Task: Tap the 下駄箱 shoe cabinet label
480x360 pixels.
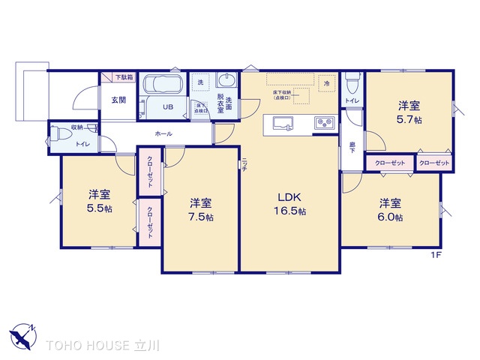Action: [124, 77]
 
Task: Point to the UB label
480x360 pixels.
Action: [169, 106]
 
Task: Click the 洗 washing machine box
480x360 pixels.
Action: [200, 82]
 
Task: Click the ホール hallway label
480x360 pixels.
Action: [163, 133]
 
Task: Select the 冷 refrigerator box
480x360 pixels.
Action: [326, 83]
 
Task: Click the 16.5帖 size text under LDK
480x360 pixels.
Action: [291, 211]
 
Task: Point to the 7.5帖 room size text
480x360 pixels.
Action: [202, 217]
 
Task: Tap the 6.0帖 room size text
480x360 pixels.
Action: [390, 217]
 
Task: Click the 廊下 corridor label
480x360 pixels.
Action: [352, 147]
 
